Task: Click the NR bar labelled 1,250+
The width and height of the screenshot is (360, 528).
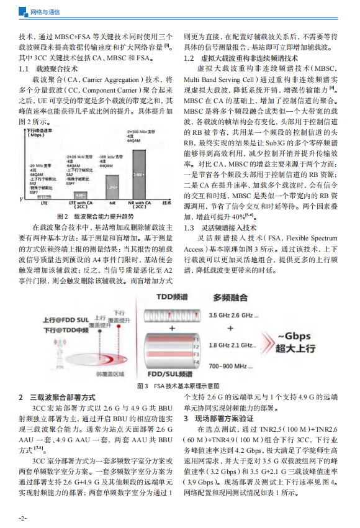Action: pos(111,186)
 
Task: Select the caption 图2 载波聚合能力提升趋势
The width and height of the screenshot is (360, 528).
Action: pos(90,216)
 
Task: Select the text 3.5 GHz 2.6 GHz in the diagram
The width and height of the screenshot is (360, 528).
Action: pos(233,316)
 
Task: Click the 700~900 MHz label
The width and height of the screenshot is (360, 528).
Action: pos(232,366)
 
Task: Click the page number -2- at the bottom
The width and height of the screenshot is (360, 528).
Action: pos(22,517)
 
